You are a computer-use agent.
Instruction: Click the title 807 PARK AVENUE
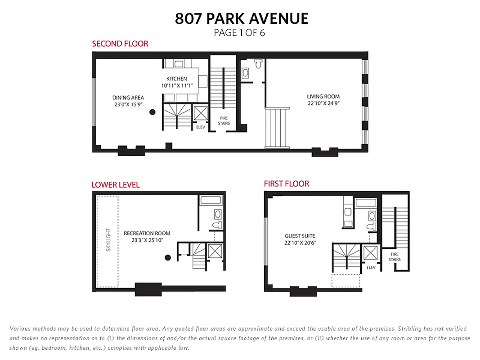(x=242, y=18)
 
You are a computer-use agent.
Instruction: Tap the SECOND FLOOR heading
(x=120, y=44)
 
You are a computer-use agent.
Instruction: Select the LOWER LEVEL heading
(x=116, y=184)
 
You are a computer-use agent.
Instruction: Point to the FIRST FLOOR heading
(x=286, y=184)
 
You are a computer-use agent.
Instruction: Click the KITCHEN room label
(x=176, y=79)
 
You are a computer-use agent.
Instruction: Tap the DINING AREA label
(x=128, y=98)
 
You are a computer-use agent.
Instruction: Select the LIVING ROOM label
(x=323, y=96)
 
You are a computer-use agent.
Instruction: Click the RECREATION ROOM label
(x=147, y=233)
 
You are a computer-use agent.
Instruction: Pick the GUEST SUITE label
(x=300, y=236)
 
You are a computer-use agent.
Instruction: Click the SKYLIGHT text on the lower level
(x=108, y=241)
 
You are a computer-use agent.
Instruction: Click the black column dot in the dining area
(x=153, y=112)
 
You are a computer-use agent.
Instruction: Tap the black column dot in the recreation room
(x=167, y=258)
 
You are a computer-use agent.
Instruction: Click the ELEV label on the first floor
(x=371, y=267)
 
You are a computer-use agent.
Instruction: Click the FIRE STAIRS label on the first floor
(x=395, y=257)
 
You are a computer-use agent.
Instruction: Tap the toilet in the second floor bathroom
(x=259, y=64)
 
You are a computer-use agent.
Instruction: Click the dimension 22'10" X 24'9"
(x=323, y=103)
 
